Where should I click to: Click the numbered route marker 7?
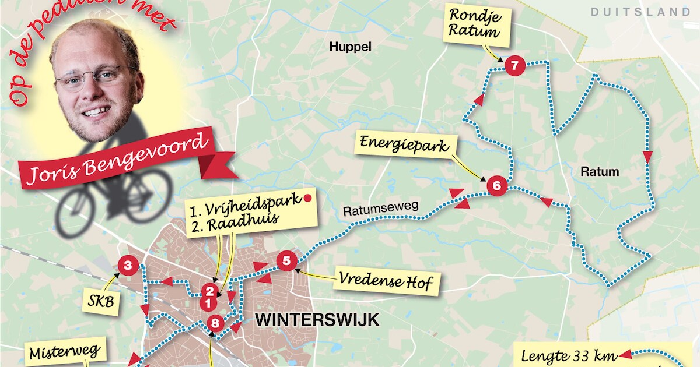pos(514,66)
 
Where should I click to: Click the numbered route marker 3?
pos(128,266)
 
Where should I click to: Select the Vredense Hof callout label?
pos(386,283)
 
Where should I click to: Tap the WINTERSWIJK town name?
pos(317,320)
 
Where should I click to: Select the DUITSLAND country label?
pos(640,12)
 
